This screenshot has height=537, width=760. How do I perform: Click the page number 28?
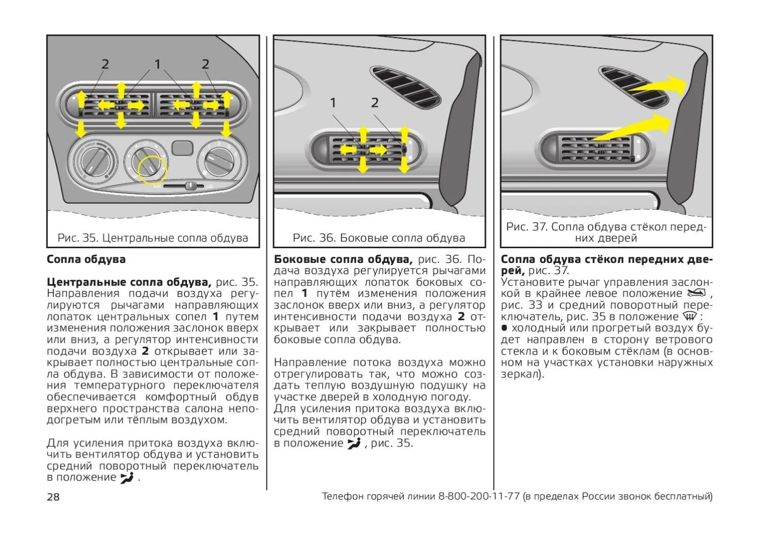pos(53,496)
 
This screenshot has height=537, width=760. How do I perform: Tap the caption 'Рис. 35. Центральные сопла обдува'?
pos(153,238)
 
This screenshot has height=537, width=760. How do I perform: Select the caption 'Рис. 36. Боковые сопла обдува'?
pos(379,238)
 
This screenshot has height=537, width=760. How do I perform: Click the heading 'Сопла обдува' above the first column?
pos(86,259)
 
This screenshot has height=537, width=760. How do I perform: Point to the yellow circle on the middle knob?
pos(153,170)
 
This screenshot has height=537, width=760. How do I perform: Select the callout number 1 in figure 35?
pos(158,64)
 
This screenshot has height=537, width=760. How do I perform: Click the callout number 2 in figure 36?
pos(374,103)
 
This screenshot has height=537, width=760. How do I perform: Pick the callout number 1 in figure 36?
pos(333,103)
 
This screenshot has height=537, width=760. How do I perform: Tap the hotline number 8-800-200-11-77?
pos(479,496)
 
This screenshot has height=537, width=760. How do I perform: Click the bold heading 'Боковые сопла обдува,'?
pos(343,259)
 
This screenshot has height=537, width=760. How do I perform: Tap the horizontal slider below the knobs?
pos(185,186)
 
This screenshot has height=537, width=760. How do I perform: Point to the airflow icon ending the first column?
pos(127,477)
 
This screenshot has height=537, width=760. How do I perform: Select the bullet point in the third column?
pos(504,328)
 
